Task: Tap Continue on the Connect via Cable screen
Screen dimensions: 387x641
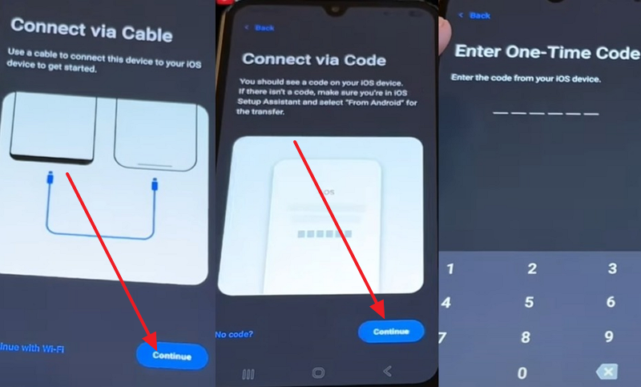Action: pyautogui.click(x=172, y=356)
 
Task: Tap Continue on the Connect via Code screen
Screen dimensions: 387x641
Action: pyautogui.click(x=391, y=331)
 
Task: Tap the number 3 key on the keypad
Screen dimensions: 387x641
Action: pyautogui.click(x=611, y=268)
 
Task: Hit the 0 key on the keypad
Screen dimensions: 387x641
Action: pyautogui.click(x=522, y=373)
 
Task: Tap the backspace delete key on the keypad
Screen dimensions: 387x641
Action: pyautogui.click(x=607, y=372)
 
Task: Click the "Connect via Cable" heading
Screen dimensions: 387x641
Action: pyautogui.click(x=91, y=35)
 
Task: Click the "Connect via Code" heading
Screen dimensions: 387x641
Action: pyautogui.click(x=314, y=59)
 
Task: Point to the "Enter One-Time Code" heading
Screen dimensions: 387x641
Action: pyautogui.click(x=547, y=52)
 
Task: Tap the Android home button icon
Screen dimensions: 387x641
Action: pyautogui.click(x=318, y=373)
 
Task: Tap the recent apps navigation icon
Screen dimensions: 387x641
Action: pyautogui.click(x=248, y=373)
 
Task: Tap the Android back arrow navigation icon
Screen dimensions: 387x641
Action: pyautogui.click(x=388, y=372)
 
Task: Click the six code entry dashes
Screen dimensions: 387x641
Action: pyautogui.click(x=546, y=113)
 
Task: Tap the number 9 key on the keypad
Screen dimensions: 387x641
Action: pyautogui.click(x=610, y=337)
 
